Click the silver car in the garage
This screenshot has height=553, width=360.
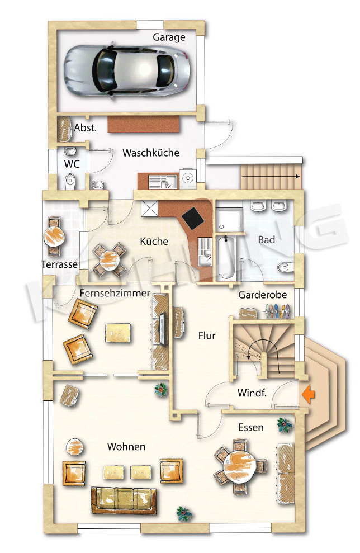(x=127, y=70)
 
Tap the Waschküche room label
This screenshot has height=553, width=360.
(x=151, y=153)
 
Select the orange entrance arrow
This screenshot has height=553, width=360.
(x=308, y=394)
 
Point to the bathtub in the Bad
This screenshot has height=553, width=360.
(x=226, y=258)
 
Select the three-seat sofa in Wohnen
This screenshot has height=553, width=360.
(x=124, y=500)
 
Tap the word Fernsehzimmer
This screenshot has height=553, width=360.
(x=115, y=293)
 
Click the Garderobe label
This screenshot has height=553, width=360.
(x=262, y=295)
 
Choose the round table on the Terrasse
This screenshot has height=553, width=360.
(x=54, y=236)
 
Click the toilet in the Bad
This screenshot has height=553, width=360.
(x=285, y=268)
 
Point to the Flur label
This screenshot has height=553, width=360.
(x=207, y=335)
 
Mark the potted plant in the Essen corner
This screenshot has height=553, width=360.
(x=285, y=424)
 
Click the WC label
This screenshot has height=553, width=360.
(x=72, y=164)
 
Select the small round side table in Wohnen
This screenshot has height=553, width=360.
(x=75, y=447)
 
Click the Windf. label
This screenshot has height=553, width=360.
(x=252, y=393)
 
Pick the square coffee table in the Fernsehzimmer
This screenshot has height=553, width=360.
(x=118, y=333)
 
